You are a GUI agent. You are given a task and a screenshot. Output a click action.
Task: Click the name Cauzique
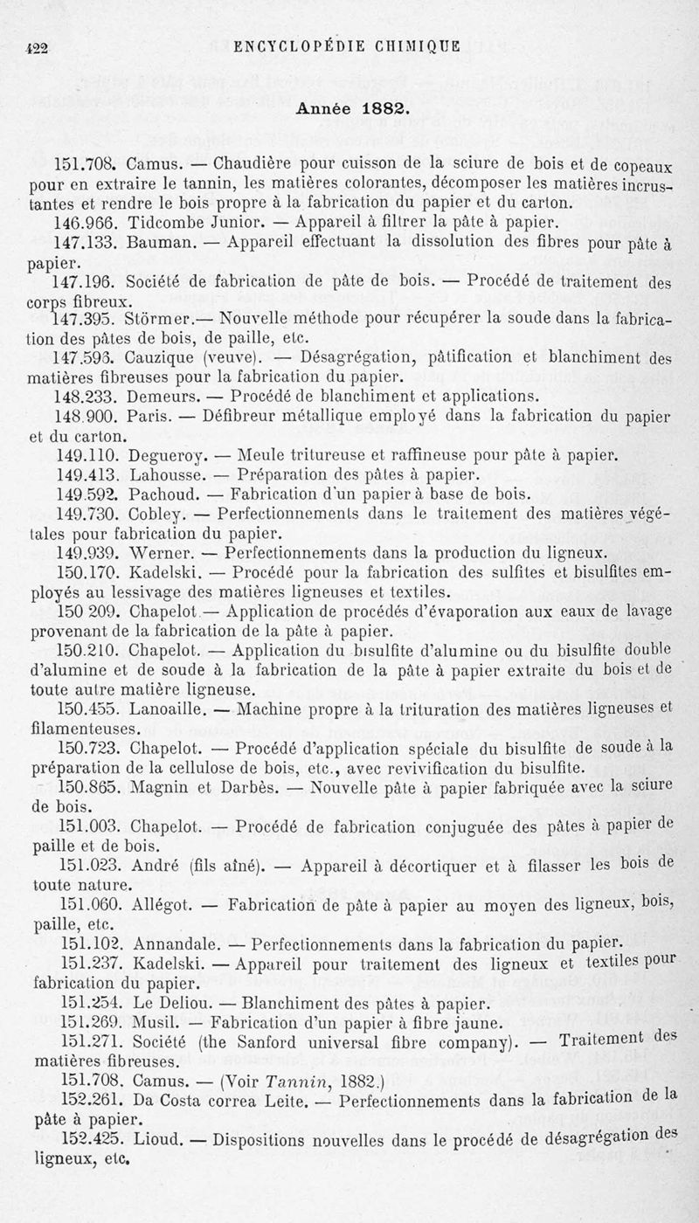pyautogui.click(x=162, y=357)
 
